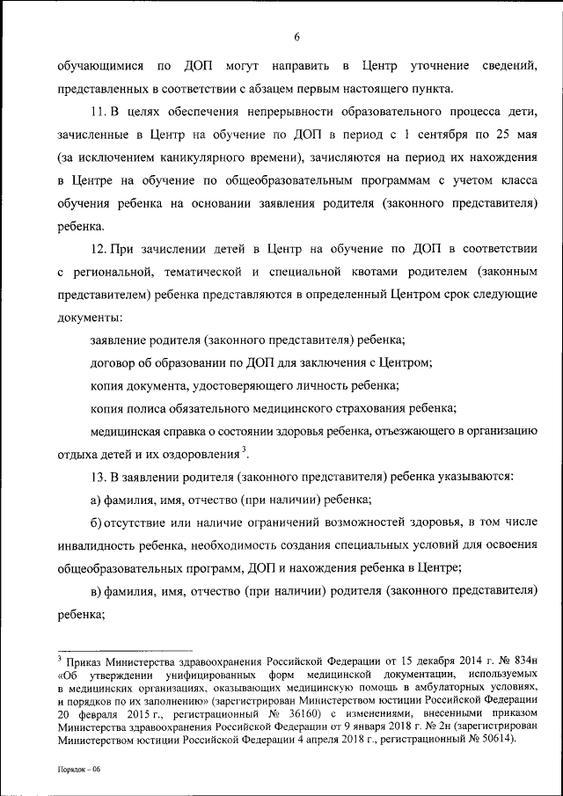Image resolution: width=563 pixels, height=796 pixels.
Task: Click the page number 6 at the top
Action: point(297,37)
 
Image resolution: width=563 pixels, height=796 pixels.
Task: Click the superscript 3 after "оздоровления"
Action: point(244,449)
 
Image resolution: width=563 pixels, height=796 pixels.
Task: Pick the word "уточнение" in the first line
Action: point(428,66)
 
